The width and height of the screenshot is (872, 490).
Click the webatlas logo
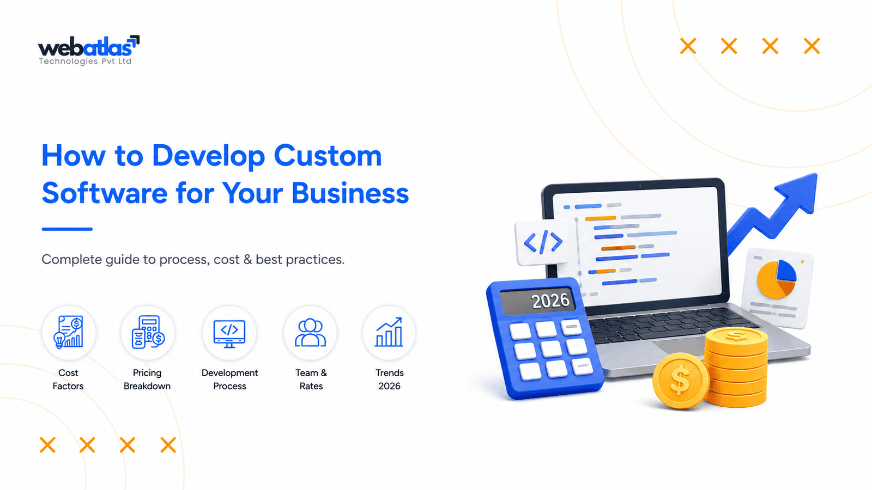89,50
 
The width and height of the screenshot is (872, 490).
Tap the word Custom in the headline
328,156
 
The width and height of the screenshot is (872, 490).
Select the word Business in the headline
350,193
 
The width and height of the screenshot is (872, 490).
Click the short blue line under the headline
67,229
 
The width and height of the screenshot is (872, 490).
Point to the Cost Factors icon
69,332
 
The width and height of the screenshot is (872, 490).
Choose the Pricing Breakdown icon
148,332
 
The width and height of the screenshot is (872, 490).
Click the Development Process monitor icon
229,333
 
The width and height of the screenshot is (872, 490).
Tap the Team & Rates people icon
310,332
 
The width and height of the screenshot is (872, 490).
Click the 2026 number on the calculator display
550,301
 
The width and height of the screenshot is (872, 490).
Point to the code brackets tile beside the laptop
542,242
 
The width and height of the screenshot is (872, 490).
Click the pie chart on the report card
777,279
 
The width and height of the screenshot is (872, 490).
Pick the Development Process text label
229,379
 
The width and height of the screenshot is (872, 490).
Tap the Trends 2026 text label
389,379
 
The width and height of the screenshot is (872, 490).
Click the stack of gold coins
736,367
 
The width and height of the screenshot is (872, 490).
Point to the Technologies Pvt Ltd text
85,62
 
